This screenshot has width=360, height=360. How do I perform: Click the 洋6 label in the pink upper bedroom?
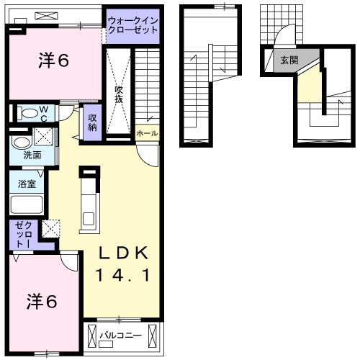click(53, 61)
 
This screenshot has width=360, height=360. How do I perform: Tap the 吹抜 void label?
click(120, 93)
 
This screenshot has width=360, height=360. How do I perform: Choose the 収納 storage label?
click(93, 122)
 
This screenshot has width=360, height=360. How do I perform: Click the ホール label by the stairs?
click(146, 133)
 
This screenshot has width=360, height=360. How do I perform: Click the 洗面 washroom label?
click(32, 155)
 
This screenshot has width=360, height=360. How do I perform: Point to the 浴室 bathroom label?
click(27, 183)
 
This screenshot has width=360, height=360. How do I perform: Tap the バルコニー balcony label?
click(119, 334)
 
